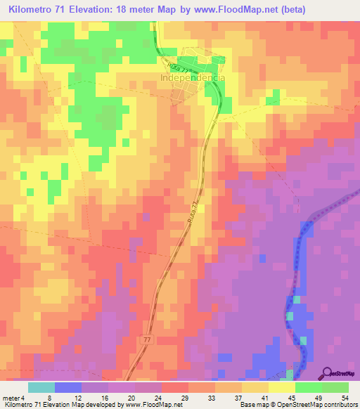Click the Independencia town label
point(193,78)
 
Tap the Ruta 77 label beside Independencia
point(181,68)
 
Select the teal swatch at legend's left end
point(41,387)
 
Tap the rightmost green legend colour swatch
point(335,387)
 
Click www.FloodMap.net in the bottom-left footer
point(153,405)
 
